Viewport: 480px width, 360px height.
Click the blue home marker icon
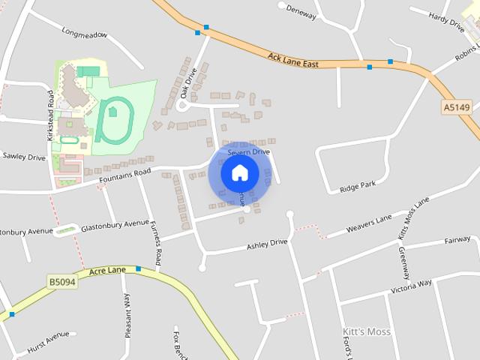[240, 173]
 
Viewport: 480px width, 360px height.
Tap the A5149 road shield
[457, 108]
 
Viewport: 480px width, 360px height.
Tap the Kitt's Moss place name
[366, 331]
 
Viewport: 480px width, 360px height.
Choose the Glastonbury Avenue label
[115, 224]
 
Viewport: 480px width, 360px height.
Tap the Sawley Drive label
[25, 157]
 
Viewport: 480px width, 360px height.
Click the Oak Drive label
[187, 82]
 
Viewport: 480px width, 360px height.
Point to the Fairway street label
[457, 240]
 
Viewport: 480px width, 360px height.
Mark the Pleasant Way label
[127, 315]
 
